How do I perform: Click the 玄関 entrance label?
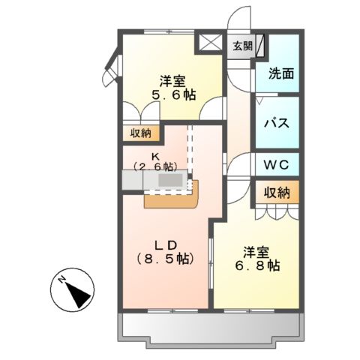click(x=241, y=46)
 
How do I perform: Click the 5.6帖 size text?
click(x=172, y=96)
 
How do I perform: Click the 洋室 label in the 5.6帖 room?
click(x=172, y=80)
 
